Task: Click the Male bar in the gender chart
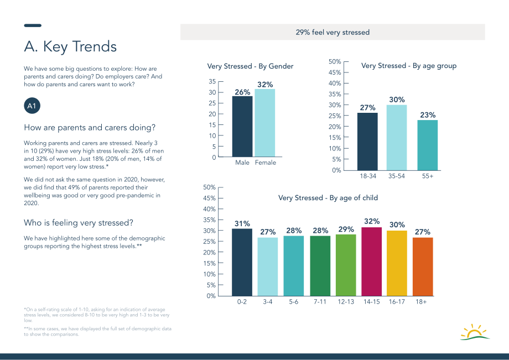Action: (242, 127)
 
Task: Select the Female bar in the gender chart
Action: (265, 123)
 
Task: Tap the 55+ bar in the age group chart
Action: (428, 145)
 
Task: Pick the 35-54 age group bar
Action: (397, 138)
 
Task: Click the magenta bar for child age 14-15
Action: (372, 262)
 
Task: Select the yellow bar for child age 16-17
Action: (397, 263)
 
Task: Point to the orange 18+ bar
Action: (423, 267)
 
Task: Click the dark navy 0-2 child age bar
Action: (242, 262)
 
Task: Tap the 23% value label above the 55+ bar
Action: (428, 115)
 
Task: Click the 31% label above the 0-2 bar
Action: (242, 224)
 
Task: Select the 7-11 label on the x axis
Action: (320, 302)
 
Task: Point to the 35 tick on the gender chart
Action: (212, 81)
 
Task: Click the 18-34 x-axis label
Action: (368, 176)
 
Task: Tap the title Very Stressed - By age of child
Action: (328, 198)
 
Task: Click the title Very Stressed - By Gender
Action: (250, 66)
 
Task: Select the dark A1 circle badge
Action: (32, 106)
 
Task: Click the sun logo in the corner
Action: (475, 332)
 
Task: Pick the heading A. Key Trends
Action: (70, 46)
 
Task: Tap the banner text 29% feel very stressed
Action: (333, 32)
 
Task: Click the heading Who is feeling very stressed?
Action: (78, 223)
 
